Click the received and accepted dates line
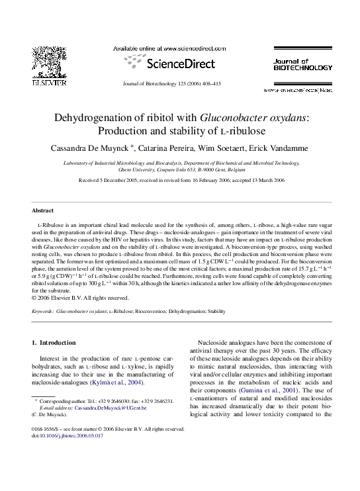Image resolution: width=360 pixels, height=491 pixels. point(180,179)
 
